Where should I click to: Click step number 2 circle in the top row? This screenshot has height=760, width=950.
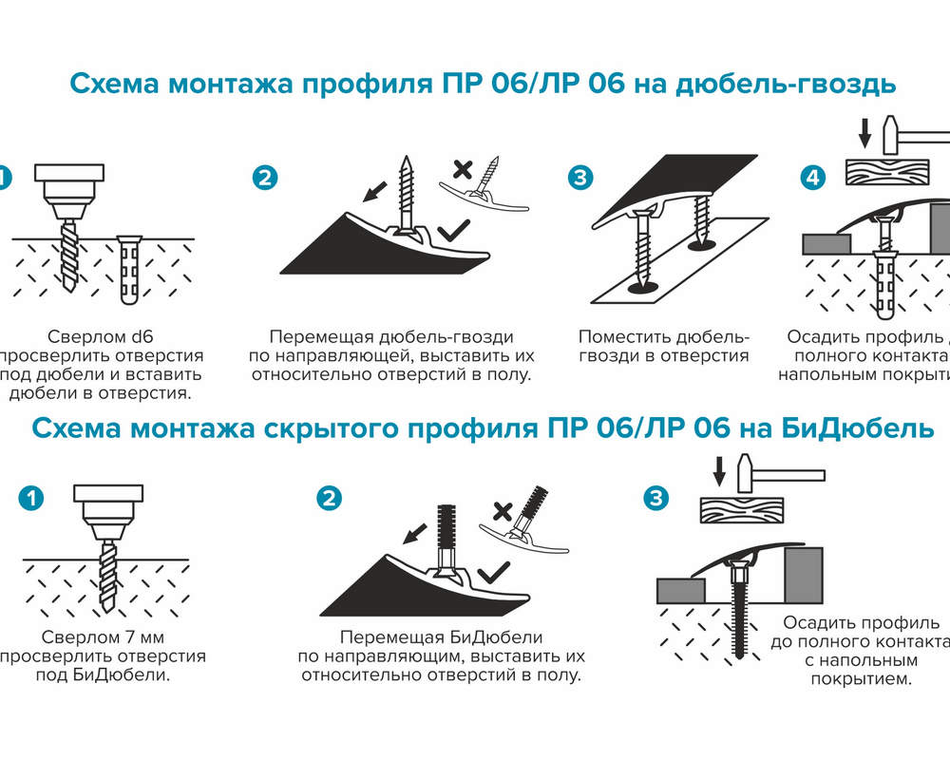click(x=265, y=178)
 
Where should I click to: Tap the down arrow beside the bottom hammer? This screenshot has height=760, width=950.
click(x=719, y=471)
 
